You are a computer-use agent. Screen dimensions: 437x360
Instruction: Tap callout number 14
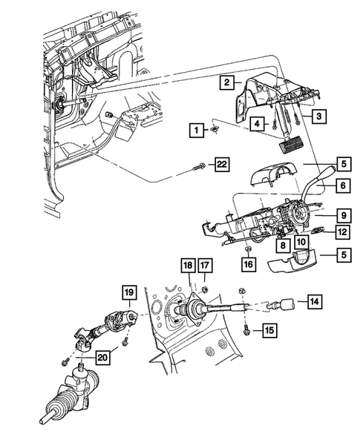(315, 301)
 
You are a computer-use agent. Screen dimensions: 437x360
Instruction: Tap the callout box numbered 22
(220, 163)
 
